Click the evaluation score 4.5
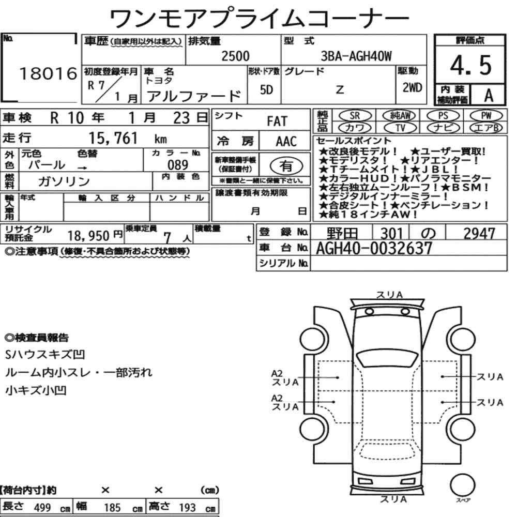(x=470, y=65)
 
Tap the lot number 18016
(x=49, y=73)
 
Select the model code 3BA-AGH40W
(x=356, y=56)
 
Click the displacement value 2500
(x=235, y=56)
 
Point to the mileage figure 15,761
(x=113, y=138)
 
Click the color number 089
(x=178, y=164)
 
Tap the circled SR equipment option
(x=355, y=116)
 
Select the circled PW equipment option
(x=486, y=116)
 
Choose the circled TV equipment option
(x=400, y=128)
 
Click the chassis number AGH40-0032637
(x=374, y=248)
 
